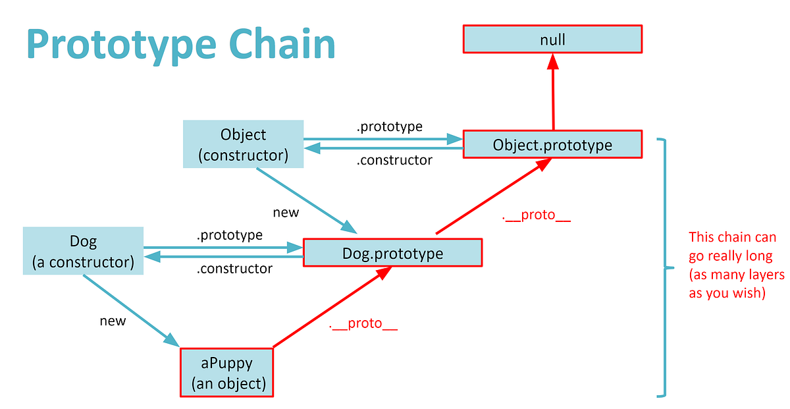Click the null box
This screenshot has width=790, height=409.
[552, 40]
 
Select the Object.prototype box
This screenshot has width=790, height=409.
[552, 145]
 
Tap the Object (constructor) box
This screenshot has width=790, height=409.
[244, 145]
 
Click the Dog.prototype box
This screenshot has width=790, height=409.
[392, 253]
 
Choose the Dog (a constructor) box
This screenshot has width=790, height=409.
[83, 252]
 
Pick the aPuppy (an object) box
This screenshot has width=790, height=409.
[226, 373]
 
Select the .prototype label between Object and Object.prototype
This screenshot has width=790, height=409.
[389, 126]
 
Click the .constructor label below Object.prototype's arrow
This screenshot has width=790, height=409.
[394, 160]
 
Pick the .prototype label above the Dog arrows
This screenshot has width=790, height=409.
[229, 234]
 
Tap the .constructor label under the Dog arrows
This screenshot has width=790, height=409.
[234, 269]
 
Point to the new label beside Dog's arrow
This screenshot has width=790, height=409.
[113, 321]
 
